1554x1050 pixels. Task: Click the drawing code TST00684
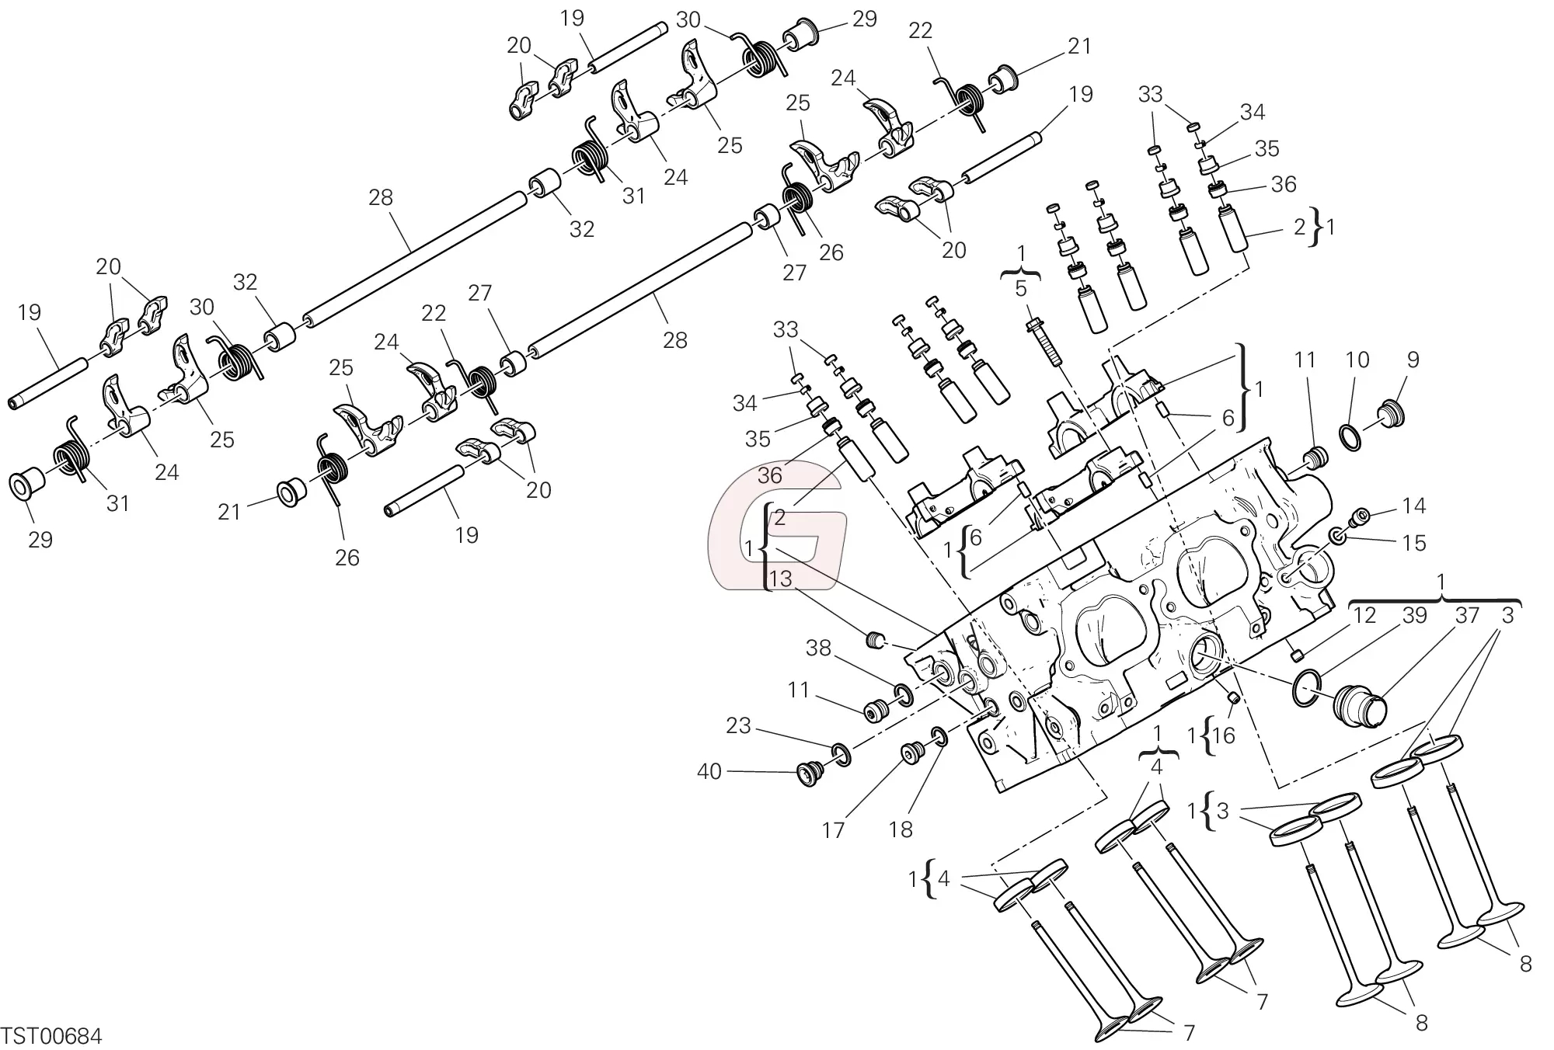click(52, 1035)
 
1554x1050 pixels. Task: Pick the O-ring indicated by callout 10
click(1352, 438)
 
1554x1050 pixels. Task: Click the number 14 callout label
click(1414, 506)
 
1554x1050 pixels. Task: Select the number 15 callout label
click(1414, 543)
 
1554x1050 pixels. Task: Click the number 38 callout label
click(818, 648)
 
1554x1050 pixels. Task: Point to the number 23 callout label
click(738, 725)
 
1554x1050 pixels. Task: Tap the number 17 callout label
click(833, 830)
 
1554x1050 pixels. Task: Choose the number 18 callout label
click(901, 829)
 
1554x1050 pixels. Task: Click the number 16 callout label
click(1223, 735)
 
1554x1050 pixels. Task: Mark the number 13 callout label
click(780, 579)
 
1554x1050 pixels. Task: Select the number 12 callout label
click(1364, 615)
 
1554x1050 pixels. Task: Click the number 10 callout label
click(1357, 360)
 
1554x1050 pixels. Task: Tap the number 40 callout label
click(709, 771)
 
